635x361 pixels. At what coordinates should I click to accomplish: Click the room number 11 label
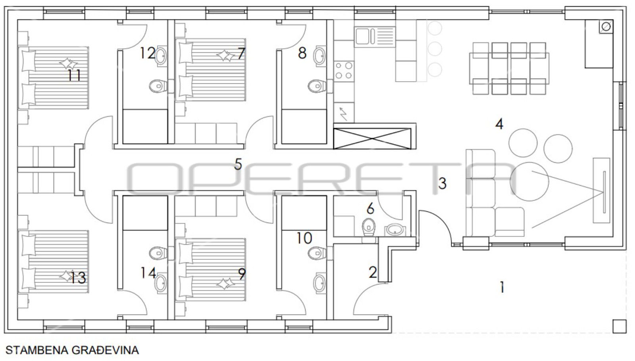[x=74, y=76]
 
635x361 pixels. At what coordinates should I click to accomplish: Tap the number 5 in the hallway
[x=238, y=164]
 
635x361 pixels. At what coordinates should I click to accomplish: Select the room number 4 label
[x=499, y=124]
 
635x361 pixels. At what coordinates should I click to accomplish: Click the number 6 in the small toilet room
[x=370, y=209]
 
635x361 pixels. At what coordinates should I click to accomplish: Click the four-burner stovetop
[x=344, y=71]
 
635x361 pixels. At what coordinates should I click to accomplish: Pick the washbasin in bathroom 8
[x=320, y=56]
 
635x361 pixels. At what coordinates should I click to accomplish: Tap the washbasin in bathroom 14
[x=161, y=282]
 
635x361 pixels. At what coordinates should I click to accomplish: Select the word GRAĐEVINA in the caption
[x=105, y=351]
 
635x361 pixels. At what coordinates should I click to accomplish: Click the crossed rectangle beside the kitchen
[x=372, y=138]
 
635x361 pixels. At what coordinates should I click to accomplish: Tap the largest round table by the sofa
[x=529, y=182]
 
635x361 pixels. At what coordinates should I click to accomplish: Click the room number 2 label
[x=373, y=272]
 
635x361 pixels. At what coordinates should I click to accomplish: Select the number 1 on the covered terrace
[x=502, y=287]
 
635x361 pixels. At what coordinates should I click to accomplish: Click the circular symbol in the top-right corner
[x=606, y=27]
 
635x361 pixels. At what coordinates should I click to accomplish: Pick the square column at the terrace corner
[x=620, y=326]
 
